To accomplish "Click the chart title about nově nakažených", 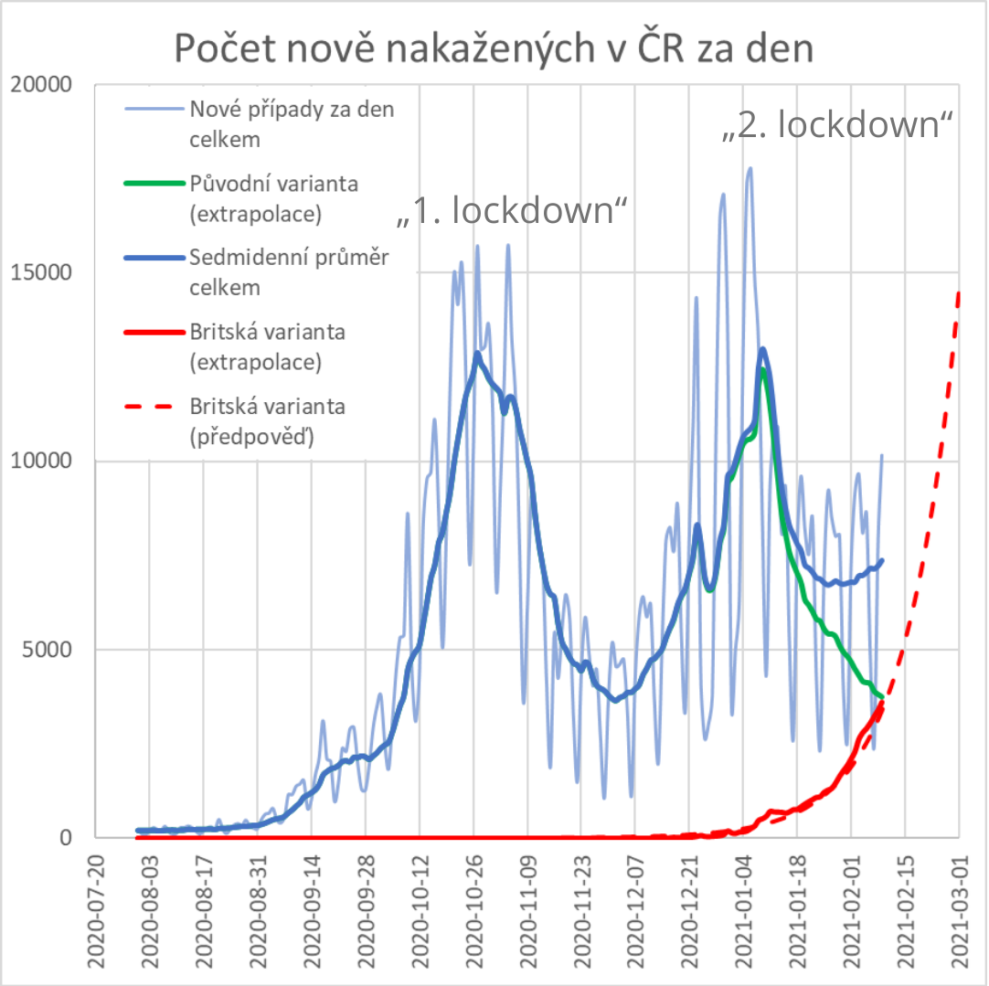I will coord(494,49).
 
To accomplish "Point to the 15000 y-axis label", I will coord(40,272).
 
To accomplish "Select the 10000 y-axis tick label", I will coord(40,461).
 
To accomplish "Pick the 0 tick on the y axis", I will coord(65,838).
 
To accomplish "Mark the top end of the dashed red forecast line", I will coord(959,292).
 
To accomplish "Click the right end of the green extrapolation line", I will coord(882,698).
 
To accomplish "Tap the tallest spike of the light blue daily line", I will coord(750,168).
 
